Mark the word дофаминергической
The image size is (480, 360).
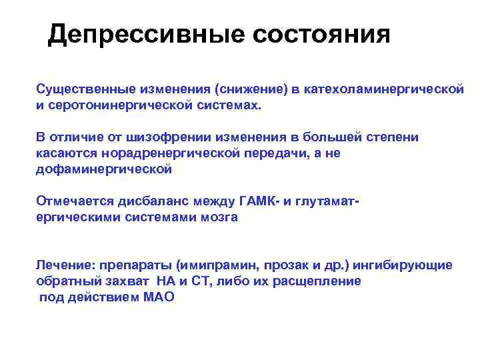(103, 169)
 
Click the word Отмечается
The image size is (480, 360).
(75, 201)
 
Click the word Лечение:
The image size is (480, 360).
(65, 265)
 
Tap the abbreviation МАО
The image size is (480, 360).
(158, 297)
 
